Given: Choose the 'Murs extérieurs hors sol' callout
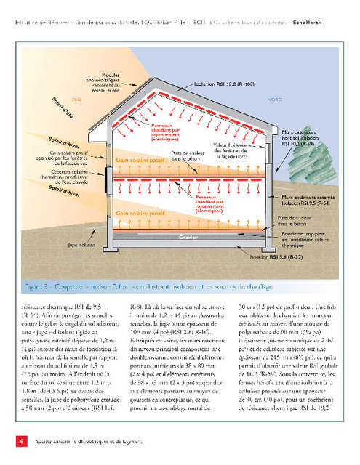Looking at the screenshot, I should coord(306,139).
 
